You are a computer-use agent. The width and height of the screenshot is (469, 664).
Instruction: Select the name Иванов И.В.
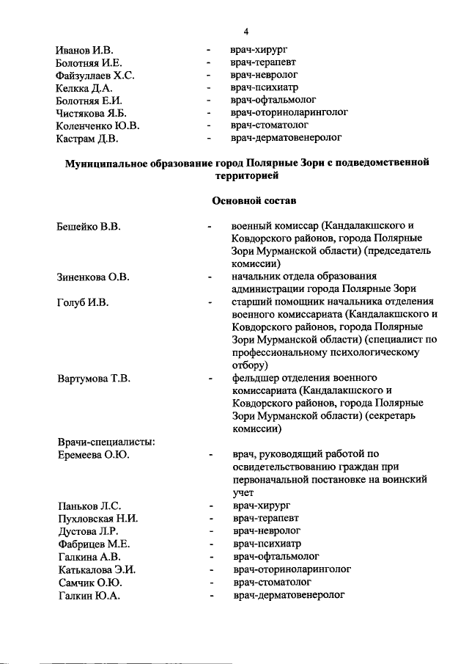pos(84,51)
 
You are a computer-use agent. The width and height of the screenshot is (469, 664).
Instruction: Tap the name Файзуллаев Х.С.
pos(95,76)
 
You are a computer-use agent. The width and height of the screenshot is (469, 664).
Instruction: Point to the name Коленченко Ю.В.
pos(97,125)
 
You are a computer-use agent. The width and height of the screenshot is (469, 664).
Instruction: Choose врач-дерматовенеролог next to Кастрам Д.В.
pos(287,137)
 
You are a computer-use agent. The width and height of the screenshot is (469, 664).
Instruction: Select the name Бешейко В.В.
pos(88,226)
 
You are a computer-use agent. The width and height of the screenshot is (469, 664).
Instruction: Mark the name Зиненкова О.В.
pos(93,277)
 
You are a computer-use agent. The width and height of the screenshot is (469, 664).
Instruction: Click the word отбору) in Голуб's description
pos(249,365)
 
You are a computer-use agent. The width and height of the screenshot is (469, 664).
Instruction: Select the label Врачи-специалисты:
pos(105,441)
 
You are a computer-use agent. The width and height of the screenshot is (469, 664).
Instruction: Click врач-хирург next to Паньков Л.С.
pos(261,506)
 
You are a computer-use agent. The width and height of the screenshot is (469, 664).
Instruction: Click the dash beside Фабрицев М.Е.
pos(211,544)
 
